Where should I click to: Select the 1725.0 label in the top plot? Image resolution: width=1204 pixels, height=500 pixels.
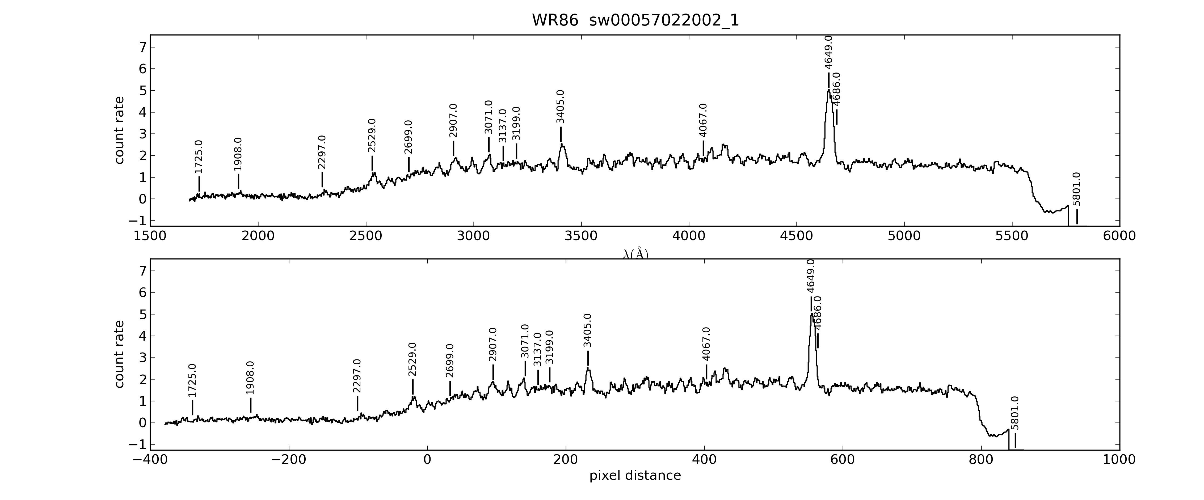pos(199,157)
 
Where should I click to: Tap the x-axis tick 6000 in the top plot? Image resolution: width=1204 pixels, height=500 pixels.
pos(1119,236)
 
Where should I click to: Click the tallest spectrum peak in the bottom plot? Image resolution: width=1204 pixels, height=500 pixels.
pos(811,315)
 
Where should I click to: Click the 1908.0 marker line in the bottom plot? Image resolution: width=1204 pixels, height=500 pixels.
pos(251,405)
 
